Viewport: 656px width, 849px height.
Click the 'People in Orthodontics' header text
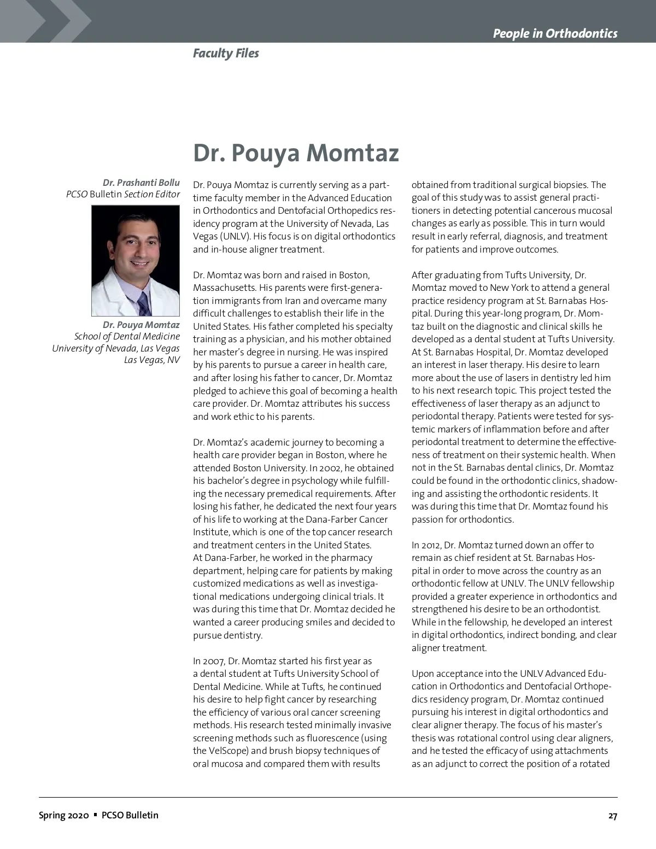pos(555,34)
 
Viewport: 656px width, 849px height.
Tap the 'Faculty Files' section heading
pos(226,54)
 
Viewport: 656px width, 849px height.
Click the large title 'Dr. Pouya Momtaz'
pos(296,153)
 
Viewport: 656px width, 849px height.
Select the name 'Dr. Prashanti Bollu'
pos(141,183)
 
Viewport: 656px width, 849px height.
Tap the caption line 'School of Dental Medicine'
pos(127,336)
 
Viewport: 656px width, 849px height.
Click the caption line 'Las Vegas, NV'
pos(151,360)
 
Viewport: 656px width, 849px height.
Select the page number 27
pos(612,816)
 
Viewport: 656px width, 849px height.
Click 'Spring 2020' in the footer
pos(63,816)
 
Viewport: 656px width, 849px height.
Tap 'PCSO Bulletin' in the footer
pos(130,816)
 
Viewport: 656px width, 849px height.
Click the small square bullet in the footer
pos(95,815)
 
